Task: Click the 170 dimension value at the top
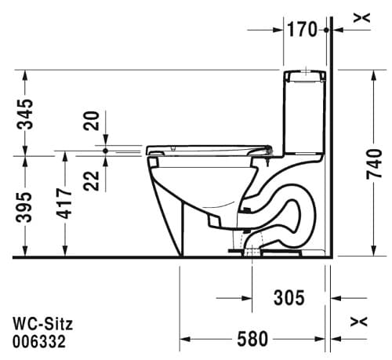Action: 301,30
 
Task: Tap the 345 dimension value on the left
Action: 26,114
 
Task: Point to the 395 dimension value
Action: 26,206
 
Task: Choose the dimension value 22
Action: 93,180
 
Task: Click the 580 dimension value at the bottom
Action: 252,339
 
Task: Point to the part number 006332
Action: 38,341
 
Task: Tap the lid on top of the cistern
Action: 304,76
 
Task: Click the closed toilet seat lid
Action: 208,147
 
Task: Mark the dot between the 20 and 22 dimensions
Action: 105,149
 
